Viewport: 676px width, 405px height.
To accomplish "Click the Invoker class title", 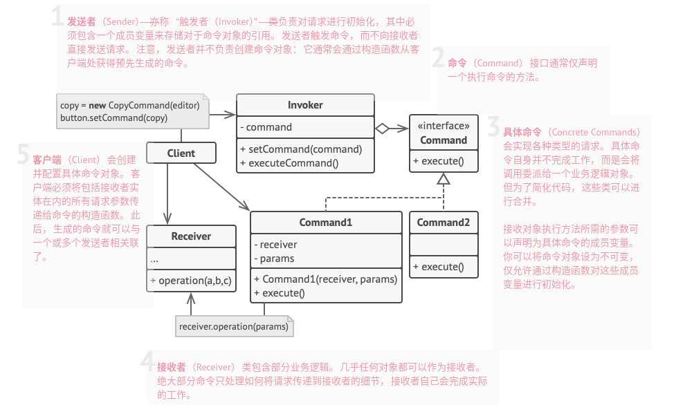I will click(x=305, y=105).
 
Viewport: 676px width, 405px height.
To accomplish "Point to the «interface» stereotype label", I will click(x=444, y=126).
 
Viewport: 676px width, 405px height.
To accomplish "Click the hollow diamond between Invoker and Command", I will click(x=382, y=128).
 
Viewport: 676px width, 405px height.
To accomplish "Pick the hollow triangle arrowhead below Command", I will click(x=444, y=179).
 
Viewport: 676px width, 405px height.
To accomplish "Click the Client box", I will click(x=181, y=153).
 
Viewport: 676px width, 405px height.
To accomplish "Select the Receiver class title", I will click(x=191, y=236).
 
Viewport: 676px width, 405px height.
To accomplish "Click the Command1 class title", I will click(x=326, y=223).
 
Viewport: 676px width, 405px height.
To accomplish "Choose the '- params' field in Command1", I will click(x=274, y=258).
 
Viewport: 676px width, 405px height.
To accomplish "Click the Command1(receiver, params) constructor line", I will click(x=326, y=279).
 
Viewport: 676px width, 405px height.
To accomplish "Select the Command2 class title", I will click(x=444, y=223).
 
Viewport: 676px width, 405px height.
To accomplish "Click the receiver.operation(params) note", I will click(x=233, y=326).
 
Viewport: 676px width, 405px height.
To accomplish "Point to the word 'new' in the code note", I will click(x=98, y=105).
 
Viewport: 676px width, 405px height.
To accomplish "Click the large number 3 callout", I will click(x=493, y=127).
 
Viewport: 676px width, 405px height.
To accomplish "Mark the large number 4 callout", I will click(x=147, y=362).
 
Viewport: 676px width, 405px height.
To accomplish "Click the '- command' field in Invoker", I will click(x=266, y=127).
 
